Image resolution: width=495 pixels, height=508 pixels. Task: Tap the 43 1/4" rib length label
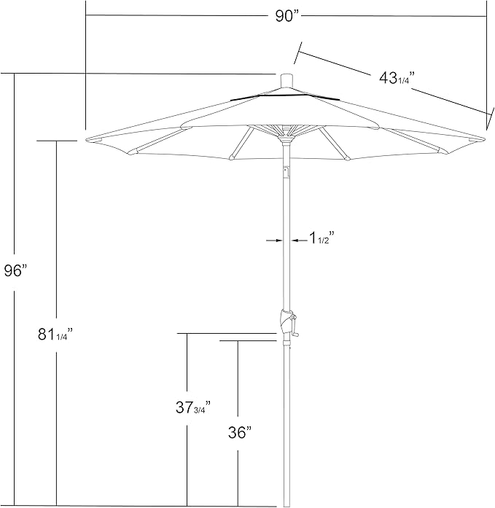pos(396,79)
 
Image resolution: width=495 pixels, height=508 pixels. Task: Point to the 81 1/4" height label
pos(55,335)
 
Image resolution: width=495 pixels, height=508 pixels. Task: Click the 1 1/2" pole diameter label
pos(321,238)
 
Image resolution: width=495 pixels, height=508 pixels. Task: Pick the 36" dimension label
pos(238,432)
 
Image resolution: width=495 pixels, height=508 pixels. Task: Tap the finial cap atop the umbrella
pos(286,79)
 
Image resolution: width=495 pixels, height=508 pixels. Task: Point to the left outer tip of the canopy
pos(88,138)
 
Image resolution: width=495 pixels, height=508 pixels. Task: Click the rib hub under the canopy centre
pos(286,131)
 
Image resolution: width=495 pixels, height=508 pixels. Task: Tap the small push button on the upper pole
pos(286,172)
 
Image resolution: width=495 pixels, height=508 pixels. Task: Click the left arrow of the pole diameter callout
pos(273,239)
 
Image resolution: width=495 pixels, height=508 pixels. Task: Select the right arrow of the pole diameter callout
pos(298,239)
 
